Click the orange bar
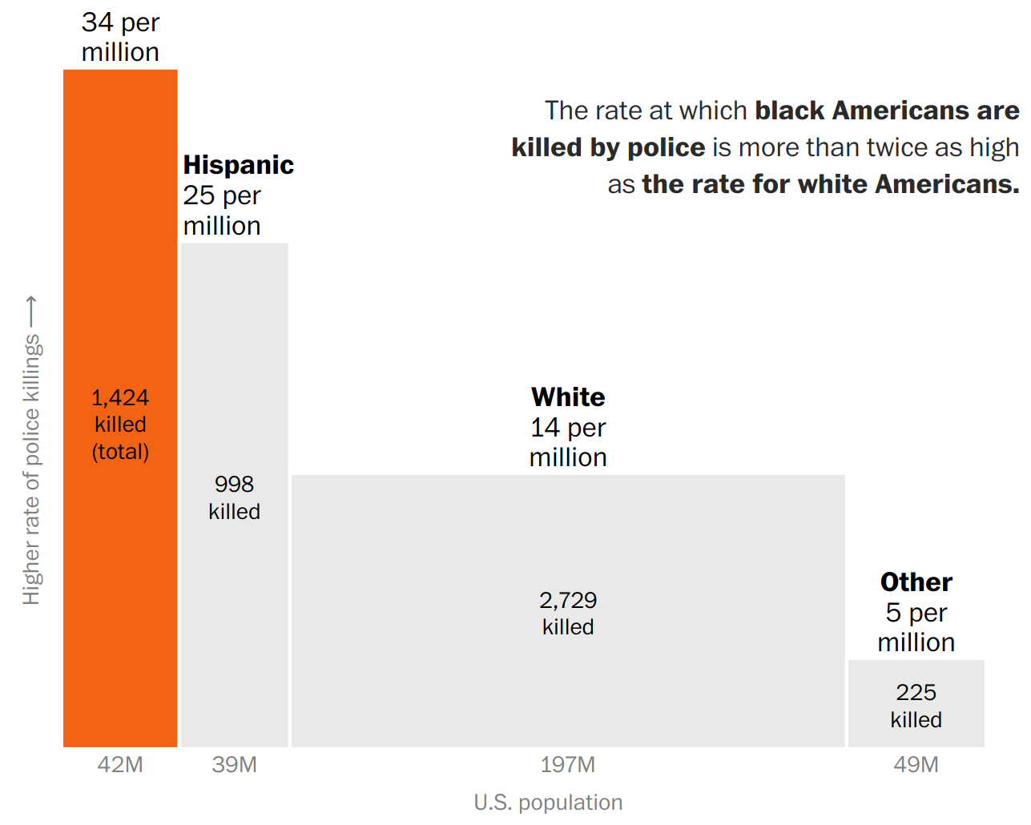click(x=120, y=240)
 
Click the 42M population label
click(x=120, y=765)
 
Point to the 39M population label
click(x=234, y=765)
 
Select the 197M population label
click(x=568, y=765)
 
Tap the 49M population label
click(x=916, y=765)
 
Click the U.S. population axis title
click(x=548, y=803)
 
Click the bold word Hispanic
click(x=239, y=165)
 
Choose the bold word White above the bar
click(x=568, y=397)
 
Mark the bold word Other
click(x=916, y=582)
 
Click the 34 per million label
click(x=120, y=37)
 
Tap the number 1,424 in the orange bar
click(x=120, y=398)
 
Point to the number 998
click(x=234, y=485)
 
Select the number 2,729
click(x=568, y=601)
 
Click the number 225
click(x=916, y=693)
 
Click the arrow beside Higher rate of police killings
click(x=31, y=312)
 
